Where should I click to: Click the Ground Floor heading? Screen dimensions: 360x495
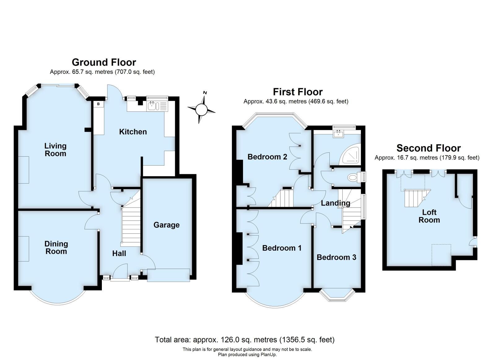(x=104, y=62)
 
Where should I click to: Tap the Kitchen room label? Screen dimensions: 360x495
(x=133, y=132)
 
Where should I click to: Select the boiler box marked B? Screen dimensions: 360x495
(x=98, y=104)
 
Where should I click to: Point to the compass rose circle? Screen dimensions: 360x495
(x=201, y=109)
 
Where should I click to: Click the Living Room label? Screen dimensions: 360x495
(x=55, y=150)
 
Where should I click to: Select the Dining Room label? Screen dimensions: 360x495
(x=56, y=247)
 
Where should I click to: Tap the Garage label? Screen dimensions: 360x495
(x=166, y=225)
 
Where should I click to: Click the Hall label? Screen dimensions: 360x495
(x=119, y=253)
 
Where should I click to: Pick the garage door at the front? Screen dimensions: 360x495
(x=168, y=275)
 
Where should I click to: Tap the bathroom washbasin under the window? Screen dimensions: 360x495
(x=339, y=134)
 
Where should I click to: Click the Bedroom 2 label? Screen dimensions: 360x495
(x=267, y=157)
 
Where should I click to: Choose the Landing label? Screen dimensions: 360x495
(x=335, y=203)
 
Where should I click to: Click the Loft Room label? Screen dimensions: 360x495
(x=429, y=216)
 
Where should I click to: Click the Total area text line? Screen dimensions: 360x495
(x=245, y=340)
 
